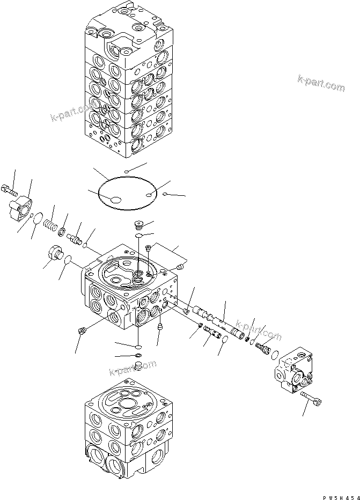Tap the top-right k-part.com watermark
coord(321,83)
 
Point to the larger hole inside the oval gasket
coord(115,200)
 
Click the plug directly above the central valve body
coord(138,224)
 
